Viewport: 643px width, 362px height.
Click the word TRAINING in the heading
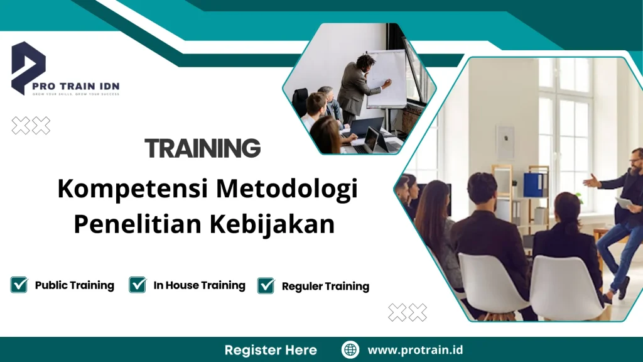(202, 149)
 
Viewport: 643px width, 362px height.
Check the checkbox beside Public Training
(19, 285)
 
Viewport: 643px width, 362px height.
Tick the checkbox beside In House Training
(138, 285)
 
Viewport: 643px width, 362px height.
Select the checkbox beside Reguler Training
(266, 285)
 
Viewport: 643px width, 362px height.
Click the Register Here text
(271, 350)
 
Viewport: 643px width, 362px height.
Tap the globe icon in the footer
(350, 349)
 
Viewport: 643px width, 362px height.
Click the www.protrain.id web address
(415, 350)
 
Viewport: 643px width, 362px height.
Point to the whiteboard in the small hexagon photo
(387, 79)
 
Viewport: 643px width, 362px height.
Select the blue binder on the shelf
(535, 185)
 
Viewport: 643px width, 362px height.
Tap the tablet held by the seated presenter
(624, 203)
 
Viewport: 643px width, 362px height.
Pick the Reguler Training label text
(325, 287)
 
